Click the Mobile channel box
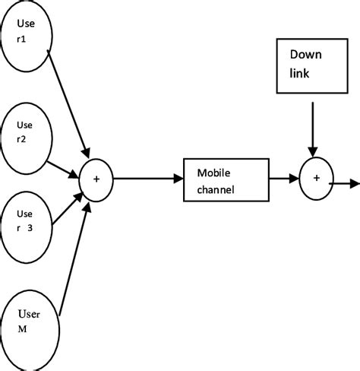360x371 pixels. pos(226,179)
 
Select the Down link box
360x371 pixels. pos(309,66)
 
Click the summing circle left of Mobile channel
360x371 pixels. pos(96,179)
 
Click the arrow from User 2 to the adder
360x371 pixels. pos(65,170)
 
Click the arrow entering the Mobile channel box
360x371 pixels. pos(148,179)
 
